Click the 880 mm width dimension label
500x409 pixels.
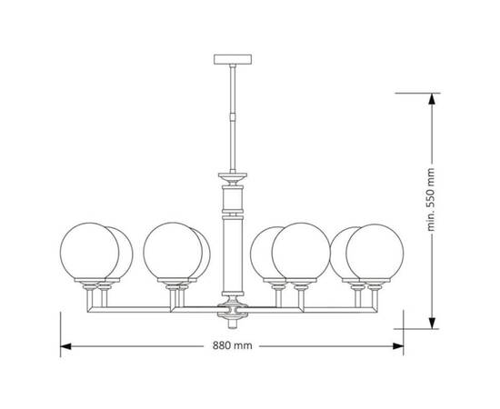click(233, 345)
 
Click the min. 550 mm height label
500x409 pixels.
click(431, 199)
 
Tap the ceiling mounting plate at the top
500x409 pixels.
click(233, 59)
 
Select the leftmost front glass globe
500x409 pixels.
click(89, 252)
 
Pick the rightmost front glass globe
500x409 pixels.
click(375, 253)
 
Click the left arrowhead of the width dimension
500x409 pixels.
click(65, 346)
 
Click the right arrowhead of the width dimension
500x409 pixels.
click(398, 346)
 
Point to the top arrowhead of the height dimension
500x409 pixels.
click(432, 99)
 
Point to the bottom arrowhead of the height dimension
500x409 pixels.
click(432, 323)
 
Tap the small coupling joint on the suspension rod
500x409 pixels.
click(233, 115)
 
